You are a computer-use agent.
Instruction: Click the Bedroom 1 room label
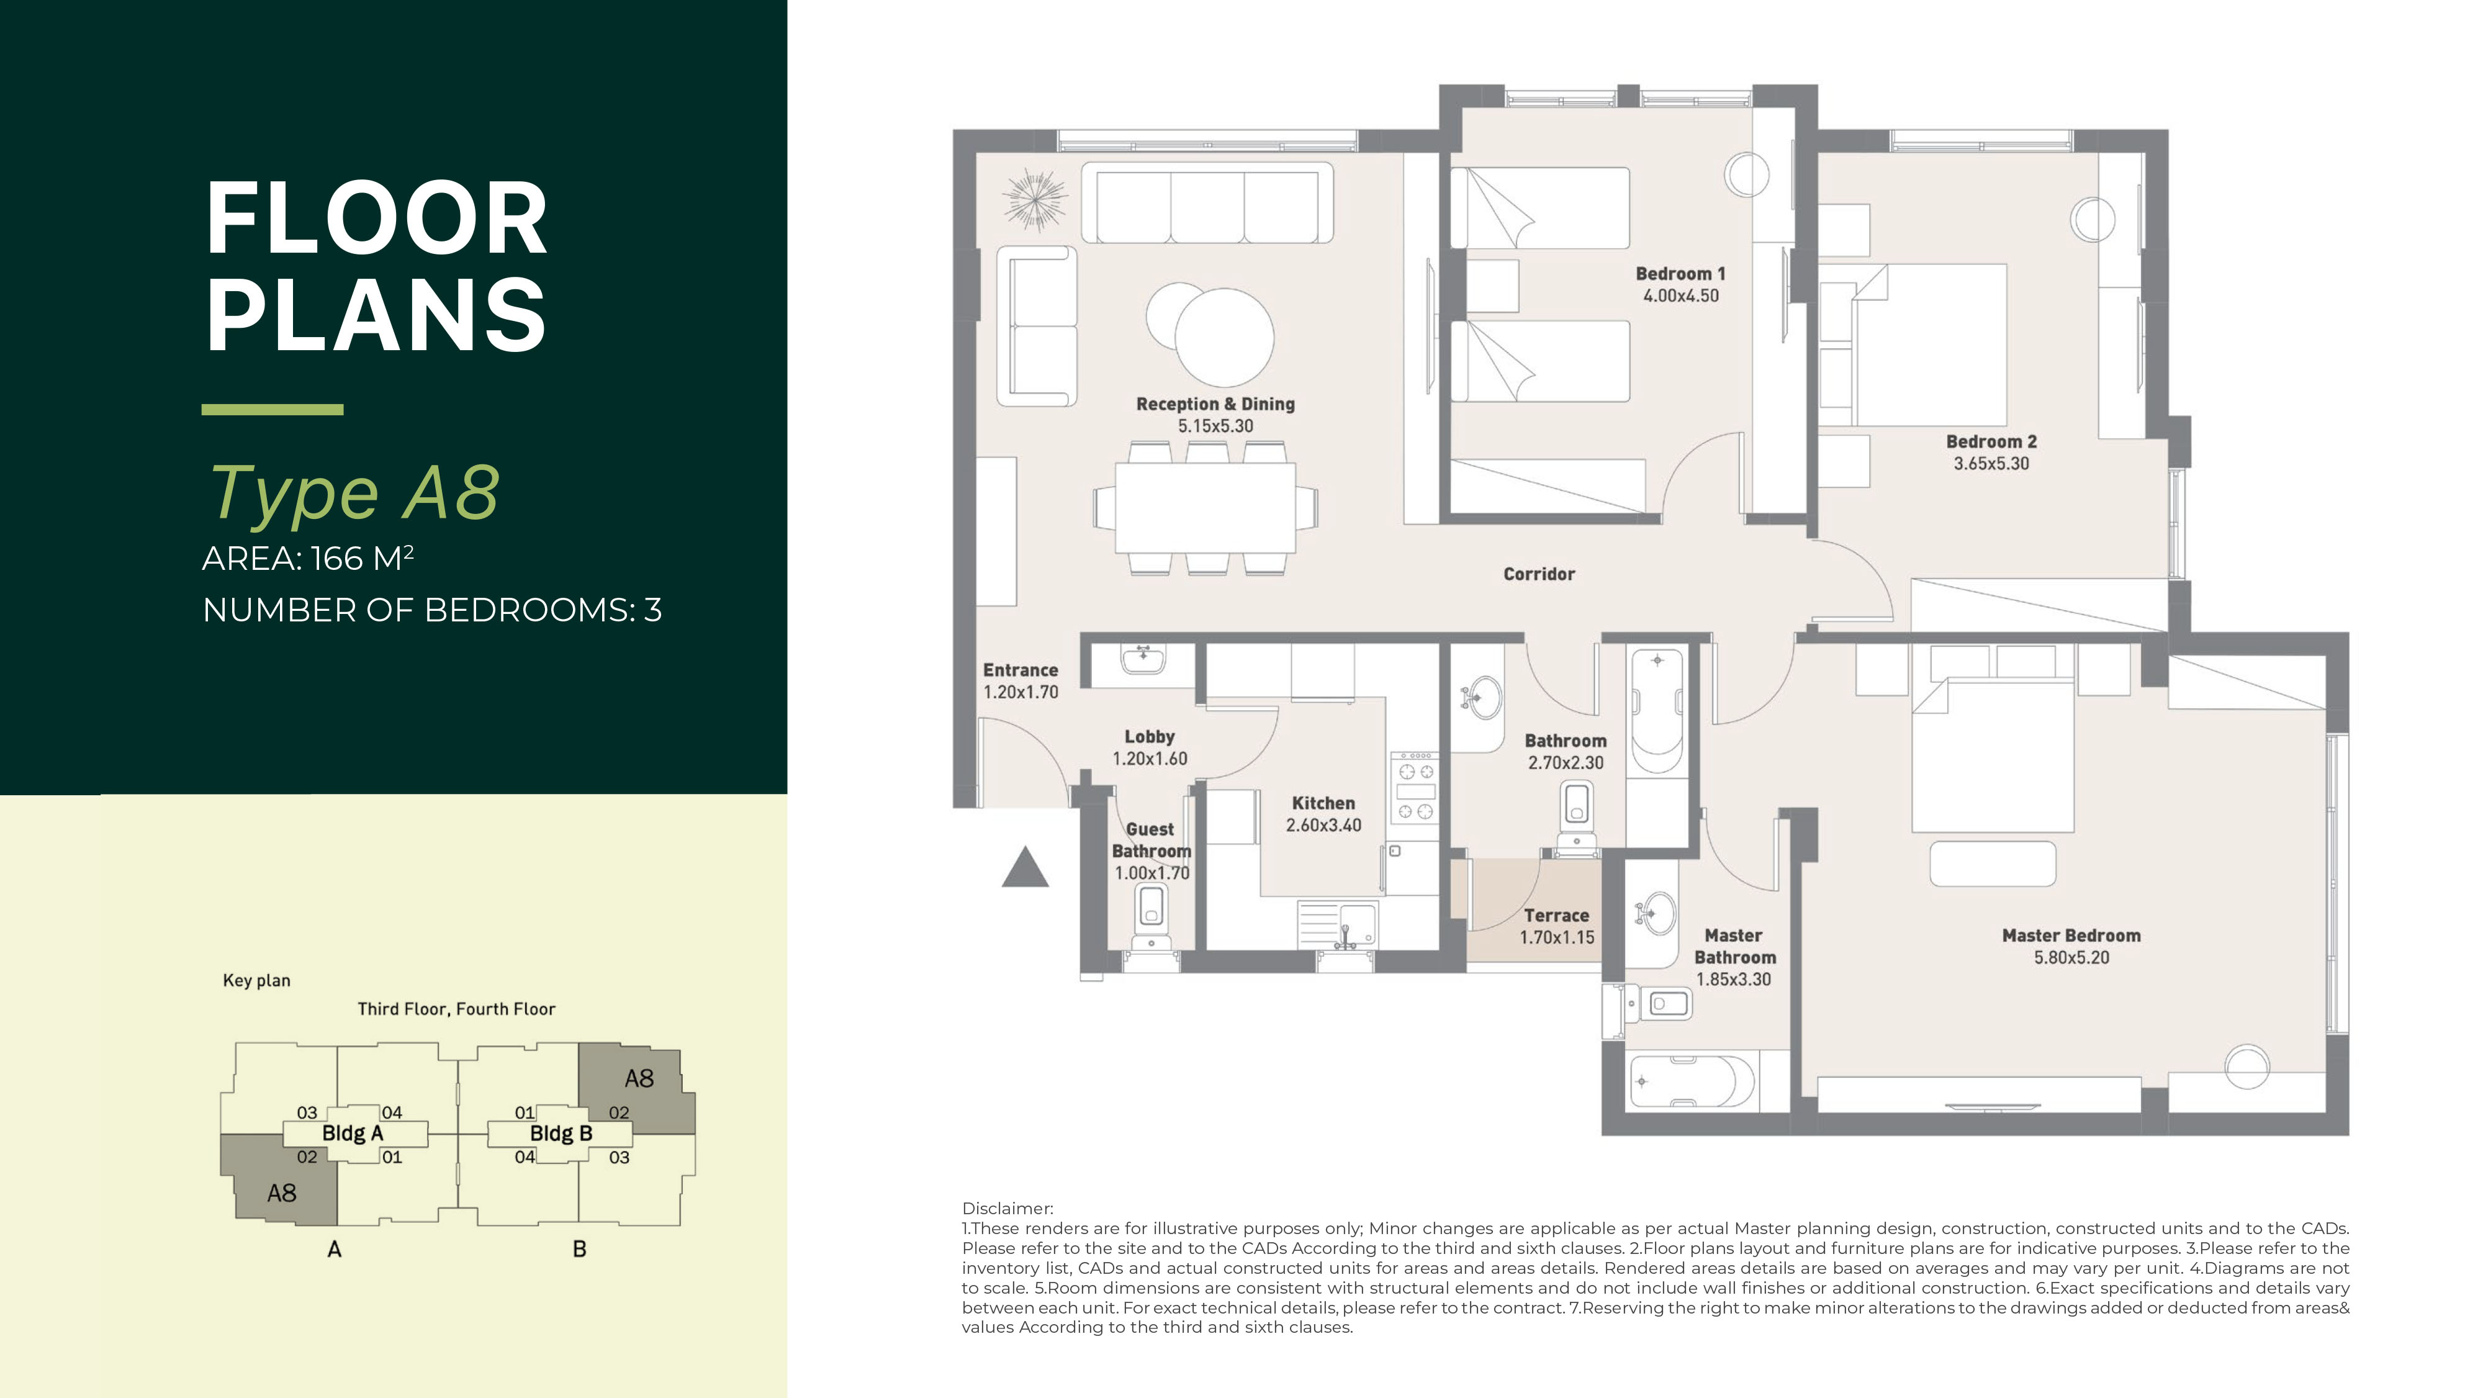(x=1680, y=274)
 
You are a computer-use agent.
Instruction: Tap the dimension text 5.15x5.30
(x=1215, y=426)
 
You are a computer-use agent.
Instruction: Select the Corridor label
(x=1538, y=574)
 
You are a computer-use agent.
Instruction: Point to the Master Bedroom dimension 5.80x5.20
(x=2071, y=957)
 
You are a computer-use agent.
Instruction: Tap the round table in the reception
(x=1223, y=338)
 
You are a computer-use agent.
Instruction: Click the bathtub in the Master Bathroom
(x=1693, y=1082)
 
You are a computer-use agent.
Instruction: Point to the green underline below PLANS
(x=273, y=410)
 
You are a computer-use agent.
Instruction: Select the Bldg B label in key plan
(x=561, y=1134)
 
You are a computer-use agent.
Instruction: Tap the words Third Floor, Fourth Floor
(x=456, y=1009)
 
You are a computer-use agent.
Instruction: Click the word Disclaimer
(x=1007, y=1208)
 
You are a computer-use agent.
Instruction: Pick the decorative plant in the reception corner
(x=1034, y=199)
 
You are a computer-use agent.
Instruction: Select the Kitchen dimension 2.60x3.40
(x=1323, y=825)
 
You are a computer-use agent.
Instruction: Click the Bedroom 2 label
(x=1991, y=441)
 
